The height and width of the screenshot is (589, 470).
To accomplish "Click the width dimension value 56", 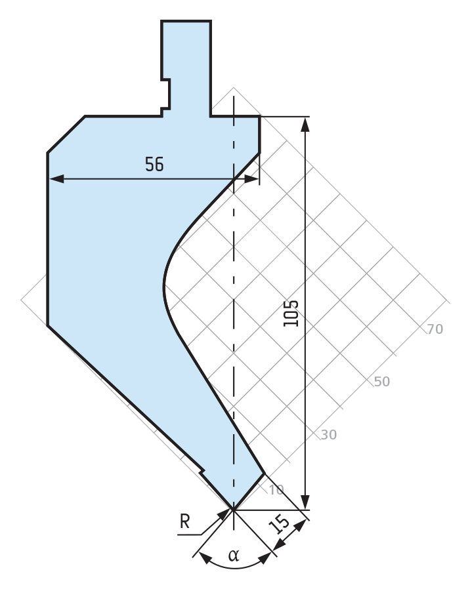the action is coord(154,165).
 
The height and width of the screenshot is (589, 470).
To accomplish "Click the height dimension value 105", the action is coord(291,314).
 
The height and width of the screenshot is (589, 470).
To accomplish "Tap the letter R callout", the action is coord(184,521).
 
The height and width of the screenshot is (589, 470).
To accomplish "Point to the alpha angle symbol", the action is coord(234,555).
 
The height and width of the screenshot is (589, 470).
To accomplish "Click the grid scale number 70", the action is coord(435,329).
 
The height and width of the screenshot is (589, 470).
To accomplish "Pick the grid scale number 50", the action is coord(382,382).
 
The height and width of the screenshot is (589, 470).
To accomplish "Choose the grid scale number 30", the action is coord(329,435).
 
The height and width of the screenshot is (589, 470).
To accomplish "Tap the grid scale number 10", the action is coord(276,490).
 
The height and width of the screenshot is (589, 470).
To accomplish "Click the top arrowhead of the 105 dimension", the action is coord(305,125).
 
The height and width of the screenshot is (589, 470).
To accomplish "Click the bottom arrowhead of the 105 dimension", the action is coord(305,502).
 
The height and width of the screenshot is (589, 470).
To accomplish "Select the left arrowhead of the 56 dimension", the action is coord(56,179).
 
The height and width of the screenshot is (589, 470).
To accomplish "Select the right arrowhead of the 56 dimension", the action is coord(251,179).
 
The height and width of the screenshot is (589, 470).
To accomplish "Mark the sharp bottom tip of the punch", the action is coord(234,510).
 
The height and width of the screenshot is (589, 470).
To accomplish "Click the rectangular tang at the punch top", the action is coord(186,68).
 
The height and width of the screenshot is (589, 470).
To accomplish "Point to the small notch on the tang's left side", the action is coord(166,94).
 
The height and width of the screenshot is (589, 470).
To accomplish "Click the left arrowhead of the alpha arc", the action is coord(205,558).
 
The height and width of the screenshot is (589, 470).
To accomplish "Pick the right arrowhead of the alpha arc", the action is coord(265,558).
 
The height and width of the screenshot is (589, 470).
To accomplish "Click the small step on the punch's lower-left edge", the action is coord(202,472).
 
